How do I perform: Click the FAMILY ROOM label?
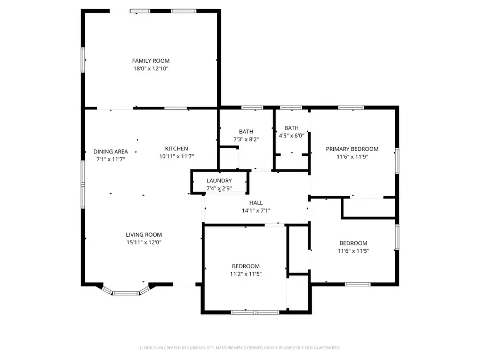[x=151, y=61]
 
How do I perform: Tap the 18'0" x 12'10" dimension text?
[x=151, y=69]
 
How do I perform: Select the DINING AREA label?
[x=110, y=151]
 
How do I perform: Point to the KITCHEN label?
[x=176, y=149]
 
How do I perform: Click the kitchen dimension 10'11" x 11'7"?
[x=176, y=156]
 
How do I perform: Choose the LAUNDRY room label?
[x=219, y=181]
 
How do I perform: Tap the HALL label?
[x=256, y=203]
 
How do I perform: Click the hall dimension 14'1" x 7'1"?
[x=256, y=211]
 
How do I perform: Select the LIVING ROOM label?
[x=143, y=235]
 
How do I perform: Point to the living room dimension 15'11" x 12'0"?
[x=143, y=243]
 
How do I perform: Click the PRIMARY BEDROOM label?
[x=352, y=149]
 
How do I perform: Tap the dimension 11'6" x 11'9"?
[x=352, y=157]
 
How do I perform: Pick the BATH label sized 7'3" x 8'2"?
[x=246, y=132]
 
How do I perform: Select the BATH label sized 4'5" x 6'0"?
[x=291, y=128]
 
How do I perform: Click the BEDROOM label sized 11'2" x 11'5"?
[x=245, y=266]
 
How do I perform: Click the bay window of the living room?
[x=126, y=291]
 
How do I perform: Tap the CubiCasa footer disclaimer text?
[x=239, y=348]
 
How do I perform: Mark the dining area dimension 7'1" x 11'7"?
[x=110, y=159]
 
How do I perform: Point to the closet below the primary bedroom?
[x=369, y=207]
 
